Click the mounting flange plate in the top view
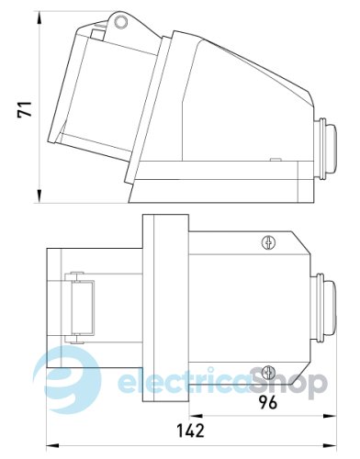point(164,307)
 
